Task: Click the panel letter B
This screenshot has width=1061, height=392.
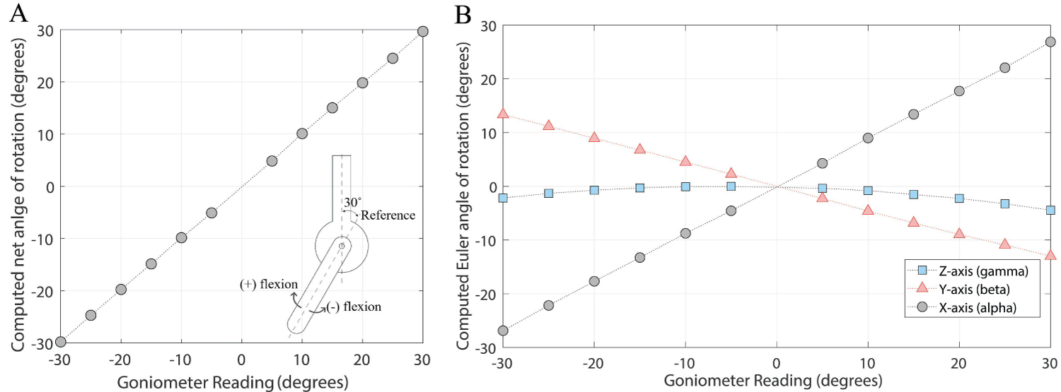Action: click(x=463, y=14)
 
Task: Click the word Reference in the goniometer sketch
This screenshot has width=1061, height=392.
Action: click(x=388, y=215)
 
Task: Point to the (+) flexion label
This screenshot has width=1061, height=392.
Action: click(x=268, y=284)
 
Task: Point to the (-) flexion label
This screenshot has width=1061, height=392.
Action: click(x=354, y=307)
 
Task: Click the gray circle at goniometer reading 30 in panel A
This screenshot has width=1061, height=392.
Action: click(x=423, y=31)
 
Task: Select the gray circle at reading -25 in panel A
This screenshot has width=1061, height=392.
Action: click(x=91, y=315)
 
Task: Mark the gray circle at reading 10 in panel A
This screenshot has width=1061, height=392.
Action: click(x=302, y=133)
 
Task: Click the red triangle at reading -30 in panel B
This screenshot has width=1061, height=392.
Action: click(x=503, y=113)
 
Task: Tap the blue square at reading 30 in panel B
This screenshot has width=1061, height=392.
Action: click(x=1050, y=210)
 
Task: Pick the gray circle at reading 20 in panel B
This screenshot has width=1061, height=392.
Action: click(x=959, y=91)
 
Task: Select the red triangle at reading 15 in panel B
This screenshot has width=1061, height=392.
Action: click(x=913, y=222)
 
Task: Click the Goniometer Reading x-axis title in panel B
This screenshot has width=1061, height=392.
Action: click(x=777, y=381)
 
